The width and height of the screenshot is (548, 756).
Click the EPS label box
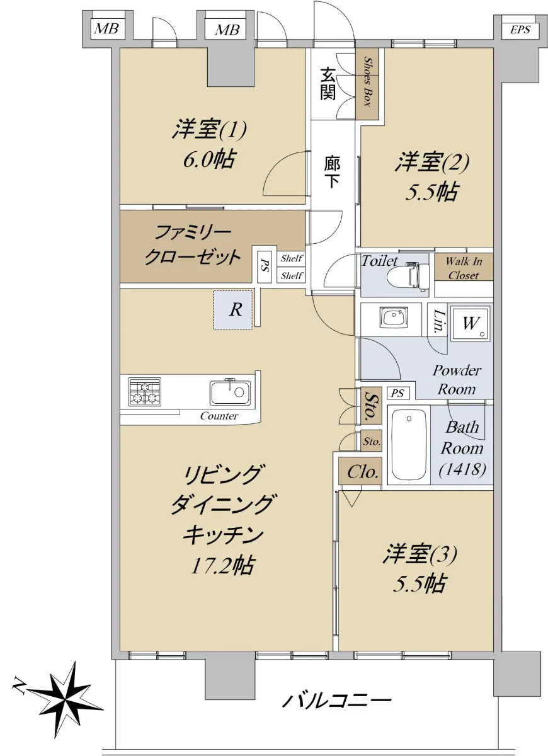(x=520, y=30)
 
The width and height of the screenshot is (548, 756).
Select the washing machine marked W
(x=470, y=323)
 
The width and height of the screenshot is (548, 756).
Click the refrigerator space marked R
(x=233, y=310)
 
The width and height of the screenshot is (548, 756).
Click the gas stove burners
(x=144, y=392)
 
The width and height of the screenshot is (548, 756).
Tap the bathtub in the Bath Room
(x=409, y=446)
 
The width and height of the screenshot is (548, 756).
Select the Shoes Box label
(x=367, y=82)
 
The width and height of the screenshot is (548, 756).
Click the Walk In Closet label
(x=464, y=268)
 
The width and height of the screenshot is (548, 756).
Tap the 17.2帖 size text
(x=221, y=566)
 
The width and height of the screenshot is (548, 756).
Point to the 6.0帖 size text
(x=209, y=159)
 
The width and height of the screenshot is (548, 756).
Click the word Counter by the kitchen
(x=219, y=416)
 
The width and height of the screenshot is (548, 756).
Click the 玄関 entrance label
(x=328, y=83)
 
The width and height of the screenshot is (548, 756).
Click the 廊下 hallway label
(x=333, y=172)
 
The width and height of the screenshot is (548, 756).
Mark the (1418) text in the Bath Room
(x=462, y=469)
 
